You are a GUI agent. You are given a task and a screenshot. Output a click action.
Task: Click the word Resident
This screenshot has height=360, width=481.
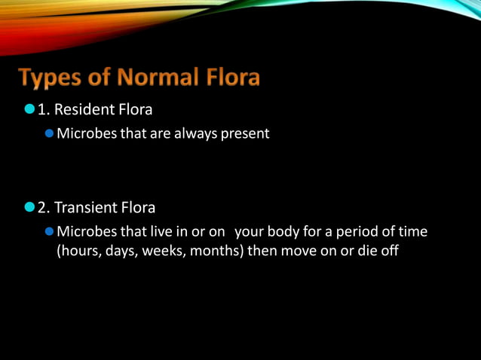point(90,110)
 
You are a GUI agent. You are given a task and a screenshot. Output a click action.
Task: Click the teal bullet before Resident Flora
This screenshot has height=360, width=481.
point(29,110)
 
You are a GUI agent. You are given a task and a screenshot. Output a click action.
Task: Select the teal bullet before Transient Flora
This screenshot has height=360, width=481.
point(29,208)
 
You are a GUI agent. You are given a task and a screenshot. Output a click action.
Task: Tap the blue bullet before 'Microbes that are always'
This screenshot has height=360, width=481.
point(50,134)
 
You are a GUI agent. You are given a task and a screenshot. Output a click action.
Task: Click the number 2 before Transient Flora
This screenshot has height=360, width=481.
point(42,208)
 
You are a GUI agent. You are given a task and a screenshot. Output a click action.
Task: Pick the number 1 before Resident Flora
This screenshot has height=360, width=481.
point(42,110)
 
